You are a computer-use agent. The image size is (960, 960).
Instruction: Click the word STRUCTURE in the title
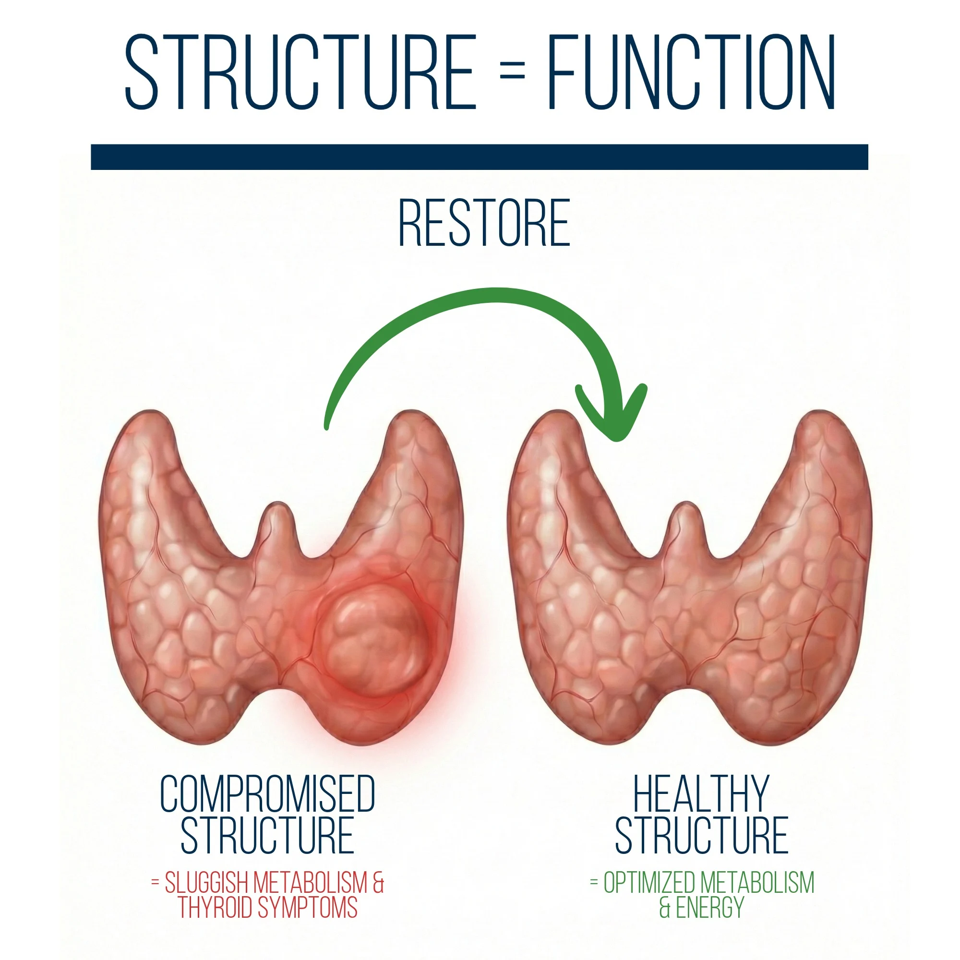coord(300,72)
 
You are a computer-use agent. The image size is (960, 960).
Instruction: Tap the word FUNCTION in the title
coord(691,72)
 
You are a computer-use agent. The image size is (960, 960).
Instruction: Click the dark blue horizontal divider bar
coord(480,157)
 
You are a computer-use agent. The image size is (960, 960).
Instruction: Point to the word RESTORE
coord(484,223)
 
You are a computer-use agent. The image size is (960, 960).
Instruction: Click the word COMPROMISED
coord(267,793)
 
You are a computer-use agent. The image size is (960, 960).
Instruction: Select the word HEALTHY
coord(701,793)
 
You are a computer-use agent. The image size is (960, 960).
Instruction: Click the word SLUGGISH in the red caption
coord(207,883)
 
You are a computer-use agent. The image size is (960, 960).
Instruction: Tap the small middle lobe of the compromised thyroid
coord(278,527)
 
